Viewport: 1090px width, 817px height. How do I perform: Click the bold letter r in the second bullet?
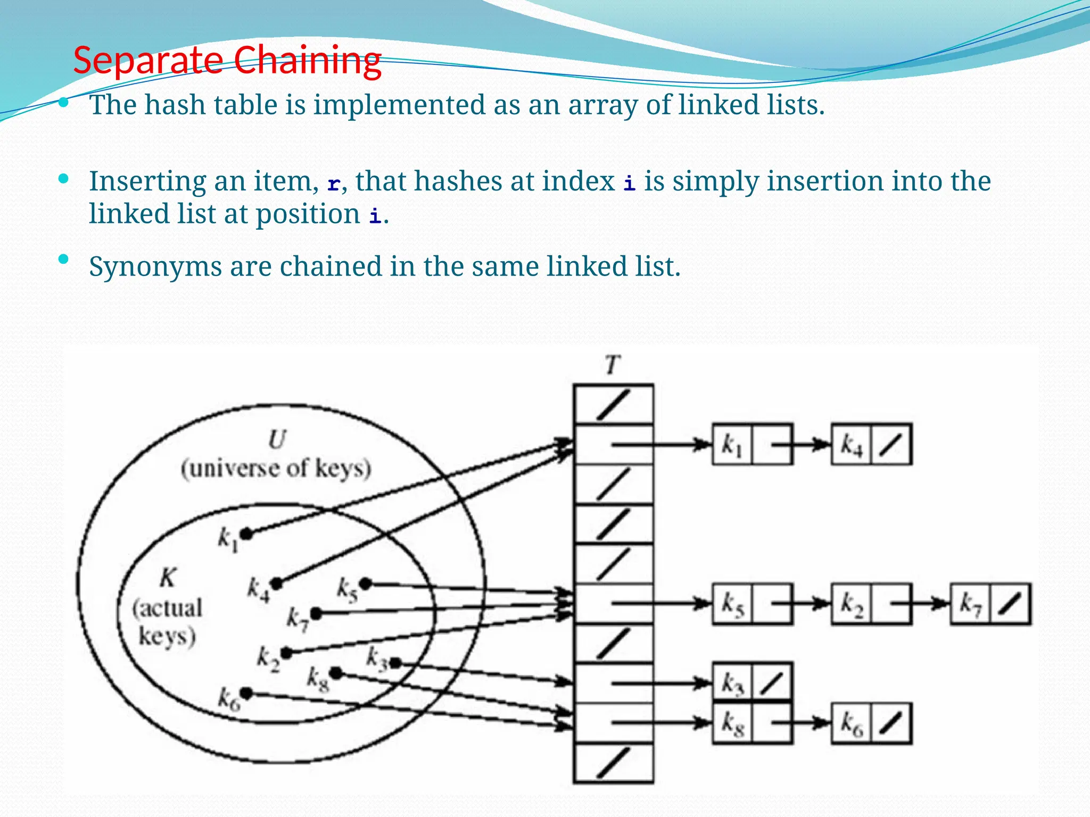[334, 184]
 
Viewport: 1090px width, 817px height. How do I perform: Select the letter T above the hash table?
[613, 365]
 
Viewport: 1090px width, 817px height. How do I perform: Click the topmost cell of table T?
[613, 404]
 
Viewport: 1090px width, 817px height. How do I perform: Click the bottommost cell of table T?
[613, 763]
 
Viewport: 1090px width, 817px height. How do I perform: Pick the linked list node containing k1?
[752, 445]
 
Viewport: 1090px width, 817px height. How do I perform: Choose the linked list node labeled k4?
[871, 445]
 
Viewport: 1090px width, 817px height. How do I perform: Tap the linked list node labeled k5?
[752, 604]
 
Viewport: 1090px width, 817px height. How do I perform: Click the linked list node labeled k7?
[990, 604]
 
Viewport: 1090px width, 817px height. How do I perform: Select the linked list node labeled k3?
[752, 683]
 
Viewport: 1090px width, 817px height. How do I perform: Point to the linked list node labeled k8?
[752, 723]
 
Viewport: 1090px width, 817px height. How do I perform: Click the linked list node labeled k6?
[871, 723]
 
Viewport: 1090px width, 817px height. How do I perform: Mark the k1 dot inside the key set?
[246, 533]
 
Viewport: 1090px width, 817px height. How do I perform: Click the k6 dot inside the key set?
[246, 693]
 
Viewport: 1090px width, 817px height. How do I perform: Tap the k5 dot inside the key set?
[366, 584]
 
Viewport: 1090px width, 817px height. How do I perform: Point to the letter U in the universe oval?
[277, 439]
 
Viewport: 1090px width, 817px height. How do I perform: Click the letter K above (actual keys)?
[168, 577]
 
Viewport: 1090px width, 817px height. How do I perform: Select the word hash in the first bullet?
[175, 105]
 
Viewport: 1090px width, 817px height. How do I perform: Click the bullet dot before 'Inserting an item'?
[64, 179]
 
